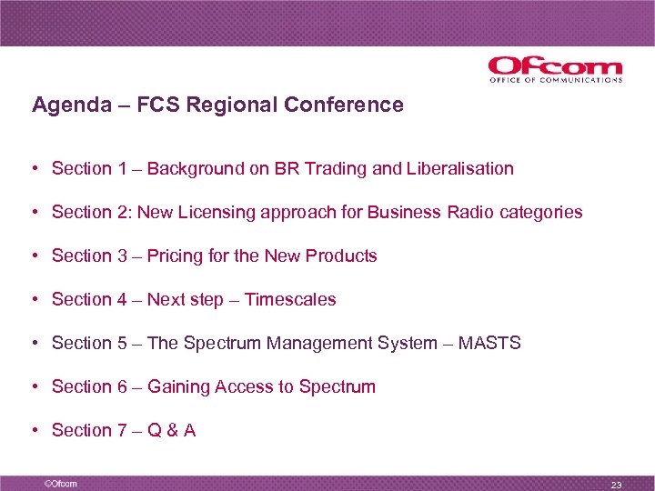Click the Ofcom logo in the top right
coord(555,69)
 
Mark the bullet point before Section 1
coord(33,169)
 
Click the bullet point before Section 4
coord(33,300)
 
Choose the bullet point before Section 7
coord(33,431)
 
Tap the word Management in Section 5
coord(323,344)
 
